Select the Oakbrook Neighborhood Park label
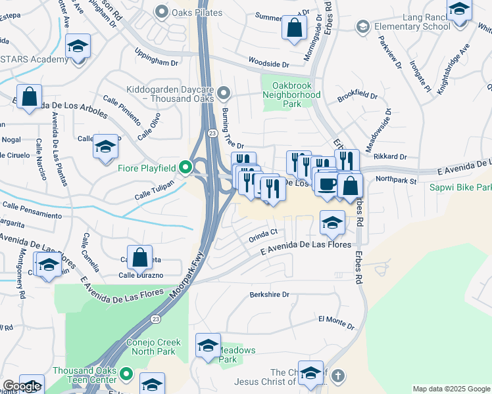(291, 99)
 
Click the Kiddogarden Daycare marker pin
(224, 92)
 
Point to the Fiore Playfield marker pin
(185, 169)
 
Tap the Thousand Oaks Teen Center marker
(128, 376)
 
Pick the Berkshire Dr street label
(270, 295)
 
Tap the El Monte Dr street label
(336, 321)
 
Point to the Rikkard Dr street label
(390, 157)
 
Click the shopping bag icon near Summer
(294, 28)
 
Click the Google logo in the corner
(21, 386)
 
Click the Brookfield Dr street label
(357, 97)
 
